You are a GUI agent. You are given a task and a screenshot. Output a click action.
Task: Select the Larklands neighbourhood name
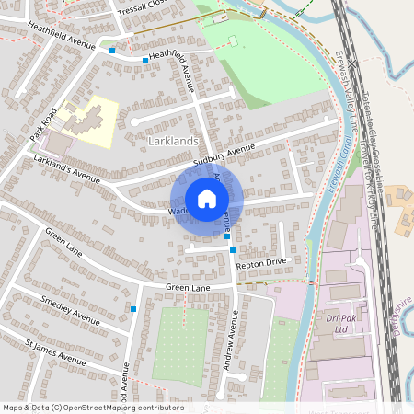[x=173, y=139]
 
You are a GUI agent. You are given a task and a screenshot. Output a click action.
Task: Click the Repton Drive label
[x=262, y=264]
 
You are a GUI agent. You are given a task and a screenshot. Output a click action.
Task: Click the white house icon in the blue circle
[x=207, y=199]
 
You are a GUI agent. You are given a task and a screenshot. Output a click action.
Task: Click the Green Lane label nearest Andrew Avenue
[x=190, y=288]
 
